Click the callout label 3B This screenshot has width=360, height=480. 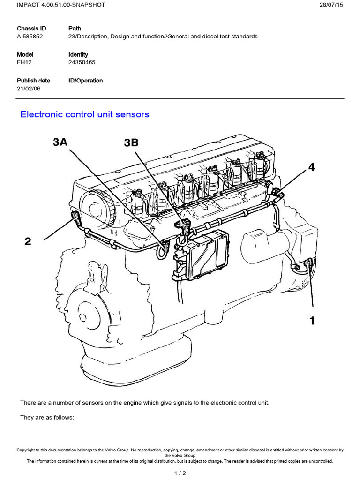click(131, 143)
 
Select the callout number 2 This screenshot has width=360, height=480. click(28, 241)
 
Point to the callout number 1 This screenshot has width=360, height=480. click(311, 321)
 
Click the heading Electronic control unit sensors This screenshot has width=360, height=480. click(85, 114)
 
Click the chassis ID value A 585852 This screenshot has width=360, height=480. click(30, 37)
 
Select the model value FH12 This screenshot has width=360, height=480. click(24, 62)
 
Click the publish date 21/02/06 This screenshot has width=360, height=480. click(29, 89)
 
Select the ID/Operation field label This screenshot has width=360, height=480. click(86, 81)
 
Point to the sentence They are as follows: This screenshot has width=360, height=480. click(47, 418)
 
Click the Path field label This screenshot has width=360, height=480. click(75, 29)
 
